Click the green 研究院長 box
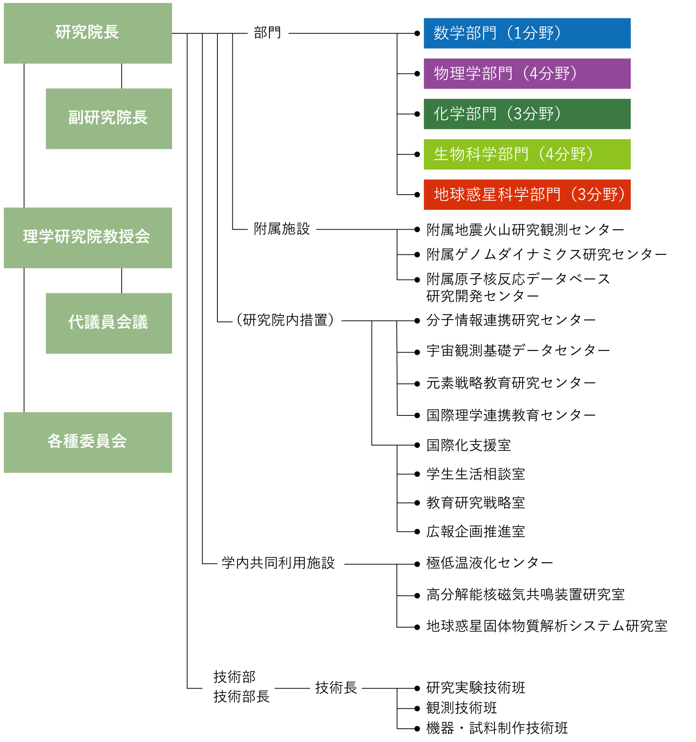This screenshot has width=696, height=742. click(88, 33)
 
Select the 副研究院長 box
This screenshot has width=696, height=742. click(108, 118)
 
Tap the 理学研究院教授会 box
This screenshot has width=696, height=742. click(88, 237)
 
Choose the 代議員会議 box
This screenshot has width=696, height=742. click(108, 323)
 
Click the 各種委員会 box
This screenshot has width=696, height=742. click(88, 442)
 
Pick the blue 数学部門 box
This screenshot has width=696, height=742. click(526, 33)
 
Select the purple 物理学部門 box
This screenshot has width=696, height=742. click(526, 73)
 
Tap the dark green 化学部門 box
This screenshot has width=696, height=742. click(526, 114)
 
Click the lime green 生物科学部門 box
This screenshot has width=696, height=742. click(526, 154)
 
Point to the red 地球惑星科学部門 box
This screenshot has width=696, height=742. click(526, 195)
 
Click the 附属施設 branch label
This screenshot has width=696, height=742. click(282, 229)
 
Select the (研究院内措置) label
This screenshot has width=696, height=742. click(285, 320)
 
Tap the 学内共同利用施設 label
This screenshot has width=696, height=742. click(278, 564)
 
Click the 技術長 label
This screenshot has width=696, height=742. click(336, 688)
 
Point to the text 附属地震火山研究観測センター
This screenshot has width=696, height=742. click(525, 230)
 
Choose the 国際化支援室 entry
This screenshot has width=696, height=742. click(468, 445)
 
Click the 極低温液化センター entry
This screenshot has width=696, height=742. click(489, 564)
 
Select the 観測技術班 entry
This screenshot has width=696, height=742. click(462, 708)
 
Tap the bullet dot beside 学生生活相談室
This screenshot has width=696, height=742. click(417, 474)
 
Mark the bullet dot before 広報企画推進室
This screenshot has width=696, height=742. click(417, 532)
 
